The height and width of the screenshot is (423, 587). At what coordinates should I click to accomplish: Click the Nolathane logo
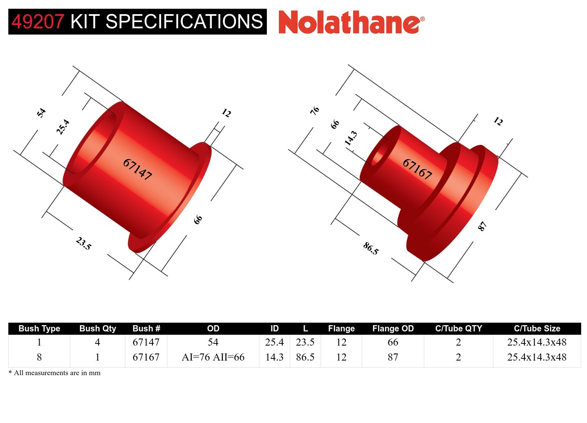351,22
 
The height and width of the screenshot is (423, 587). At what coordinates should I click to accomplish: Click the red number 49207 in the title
38,22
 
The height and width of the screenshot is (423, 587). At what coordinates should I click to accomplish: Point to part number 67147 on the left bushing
137,169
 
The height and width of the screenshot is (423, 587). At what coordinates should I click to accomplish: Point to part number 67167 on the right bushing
417,169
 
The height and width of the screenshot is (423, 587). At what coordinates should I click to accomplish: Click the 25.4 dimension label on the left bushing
63,127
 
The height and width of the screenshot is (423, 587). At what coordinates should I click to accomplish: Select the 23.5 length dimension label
83,243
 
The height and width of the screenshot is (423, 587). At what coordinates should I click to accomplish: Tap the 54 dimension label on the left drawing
41,112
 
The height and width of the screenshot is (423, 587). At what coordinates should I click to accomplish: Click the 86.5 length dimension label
371,248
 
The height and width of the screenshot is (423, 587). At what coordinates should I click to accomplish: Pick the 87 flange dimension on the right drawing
482,226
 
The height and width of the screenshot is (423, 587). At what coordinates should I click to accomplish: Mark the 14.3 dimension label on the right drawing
351,138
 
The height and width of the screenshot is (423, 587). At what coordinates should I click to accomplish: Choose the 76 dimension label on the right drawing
315,110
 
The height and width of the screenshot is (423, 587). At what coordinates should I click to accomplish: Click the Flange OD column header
393,328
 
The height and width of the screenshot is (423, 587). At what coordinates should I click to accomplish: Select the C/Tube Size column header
537,328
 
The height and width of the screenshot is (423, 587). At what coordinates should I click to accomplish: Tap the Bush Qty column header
97,328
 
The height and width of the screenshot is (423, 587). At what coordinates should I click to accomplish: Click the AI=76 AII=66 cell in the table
213,357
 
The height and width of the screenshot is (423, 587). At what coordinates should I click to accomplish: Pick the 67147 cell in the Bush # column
146,342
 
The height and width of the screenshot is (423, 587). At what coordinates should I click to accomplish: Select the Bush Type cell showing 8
39,357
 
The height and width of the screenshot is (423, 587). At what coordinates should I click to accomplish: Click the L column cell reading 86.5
305,357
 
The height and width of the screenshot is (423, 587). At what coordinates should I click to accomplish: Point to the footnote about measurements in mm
55,373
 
